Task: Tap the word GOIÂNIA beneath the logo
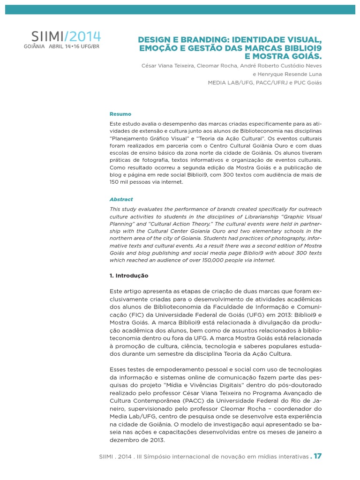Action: pos(34,47)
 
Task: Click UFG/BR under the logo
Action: pos(89,47)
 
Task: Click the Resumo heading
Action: pos(120,114)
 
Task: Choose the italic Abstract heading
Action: pos(121,199)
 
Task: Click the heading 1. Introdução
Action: pos(129,276)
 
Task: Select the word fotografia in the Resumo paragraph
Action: pos(144,160)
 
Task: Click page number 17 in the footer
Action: pos(318,456)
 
